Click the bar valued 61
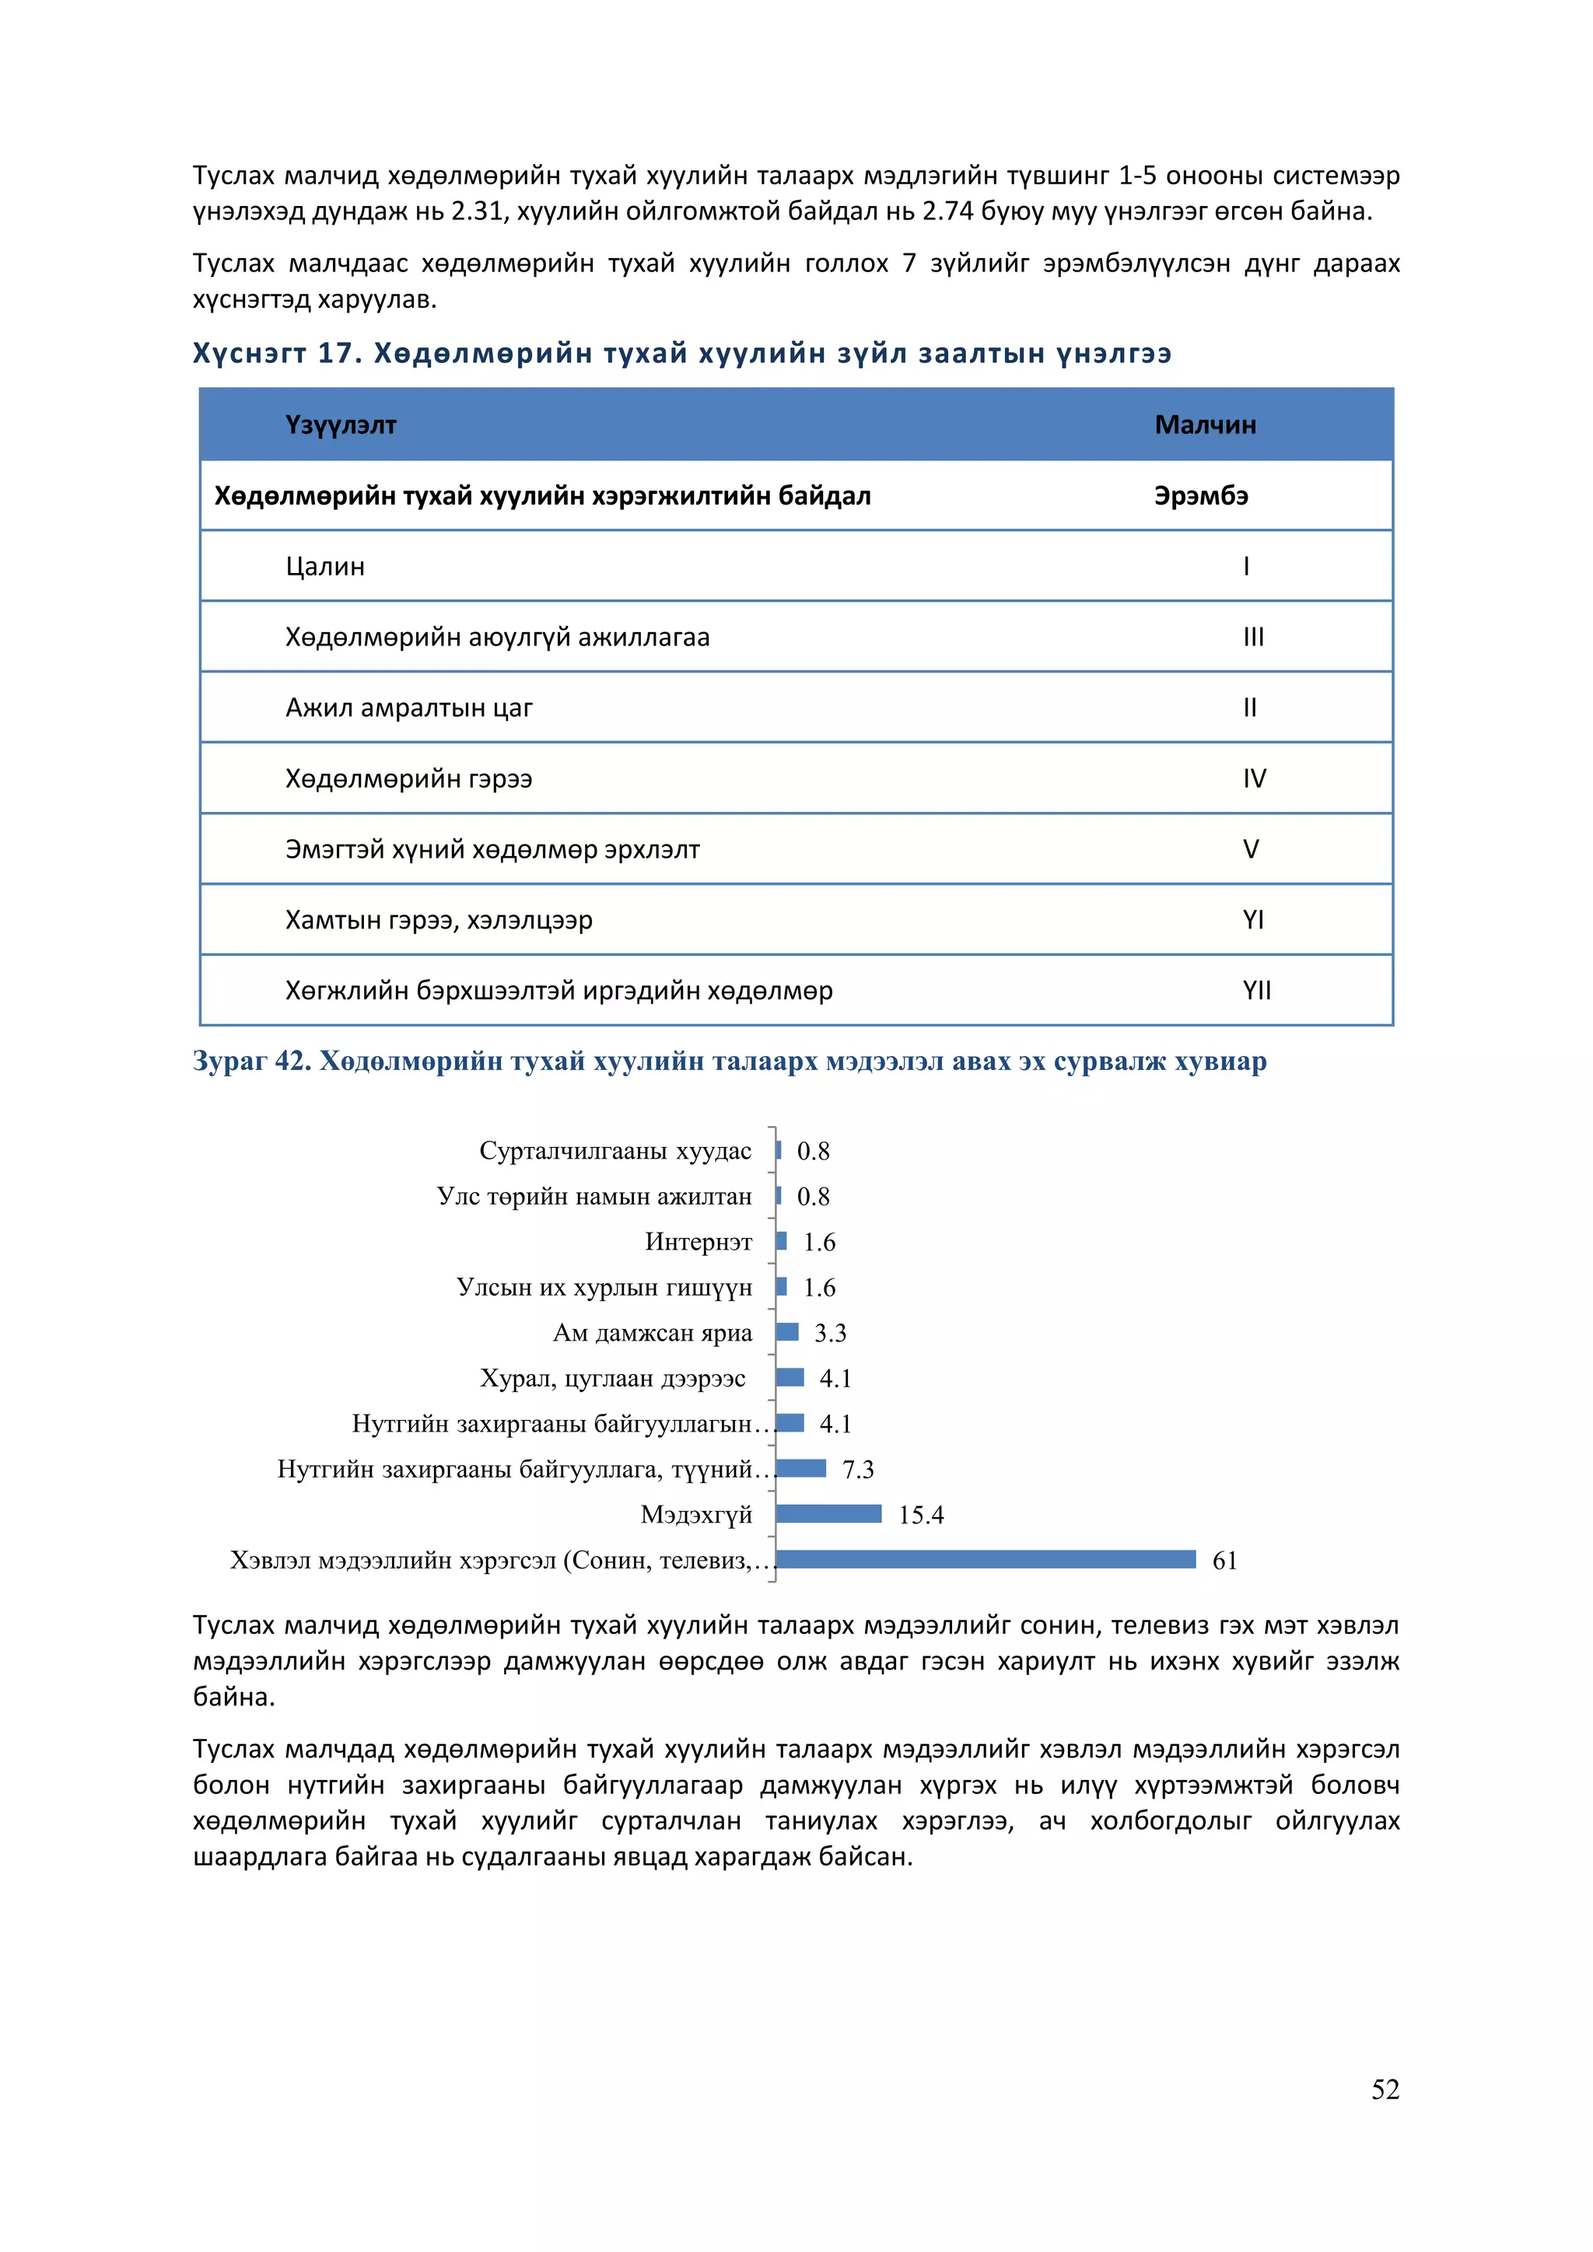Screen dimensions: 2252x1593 coord(985,1560)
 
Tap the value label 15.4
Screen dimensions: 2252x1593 coord(920,1516)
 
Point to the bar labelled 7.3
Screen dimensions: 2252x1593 coord(800,1468)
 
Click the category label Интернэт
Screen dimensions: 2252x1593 coord(698,1243)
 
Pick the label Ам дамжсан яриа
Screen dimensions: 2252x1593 coord(653,1333)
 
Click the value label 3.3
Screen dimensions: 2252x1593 coord(830,1333)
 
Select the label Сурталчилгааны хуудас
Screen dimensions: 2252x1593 coord(615,1152)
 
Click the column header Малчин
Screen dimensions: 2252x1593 coord(1205,425)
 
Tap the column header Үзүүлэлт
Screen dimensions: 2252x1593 coord(341,425)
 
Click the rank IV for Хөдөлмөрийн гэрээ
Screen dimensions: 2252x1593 coord(1254,778)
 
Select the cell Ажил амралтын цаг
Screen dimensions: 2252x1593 coord(408,708)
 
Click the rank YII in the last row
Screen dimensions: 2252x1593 coord(1255,991)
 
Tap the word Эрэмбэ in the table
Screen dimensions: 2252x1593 coord(1201,496)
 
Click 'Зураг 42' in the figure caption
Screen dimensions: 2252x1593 coord(251,1061)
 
